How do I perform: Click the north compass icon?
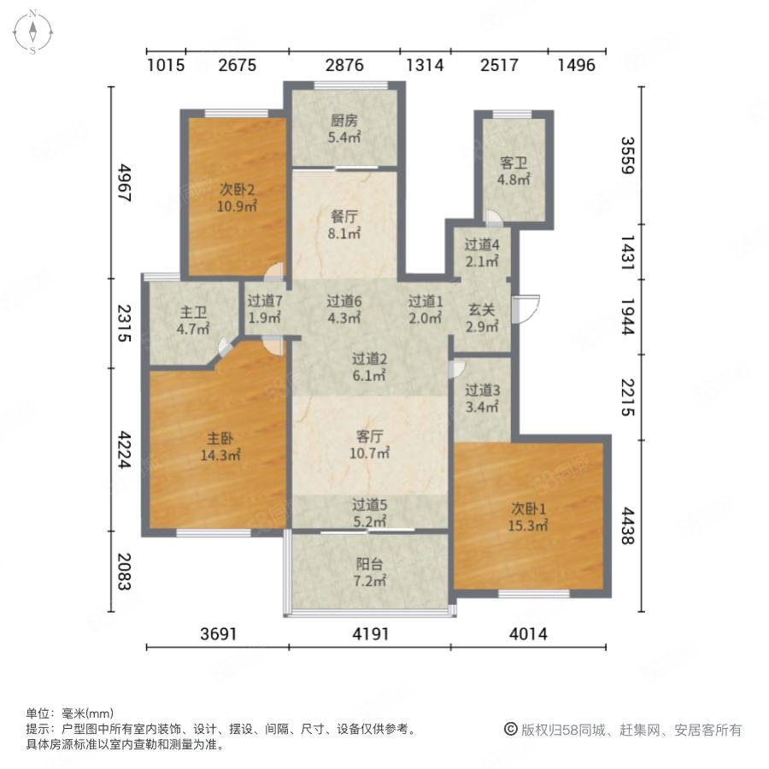[32, 32]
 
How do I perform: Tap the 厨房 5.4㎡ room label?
[344, 128]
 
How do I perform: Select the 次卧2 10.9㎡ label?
[237, 197]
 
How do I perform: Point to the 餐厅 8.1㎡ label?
[344, 225]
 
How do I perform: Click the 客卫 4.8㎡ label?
[514, 171]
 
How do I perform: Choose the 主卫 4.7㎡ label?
[193, 320]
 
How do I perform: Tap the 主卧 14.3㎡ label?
[220, 446]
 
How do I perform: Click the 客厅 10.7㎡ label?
[369, 444]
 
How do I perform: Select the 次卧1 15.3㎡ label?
[528, 517]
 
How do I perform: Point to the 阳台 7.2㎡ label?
[369, 572]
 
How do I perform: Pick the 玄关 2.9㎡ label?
[482, 317]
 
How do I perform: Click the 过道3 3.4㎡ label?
[482, 397]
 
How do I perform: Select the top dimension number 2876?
[344, 65]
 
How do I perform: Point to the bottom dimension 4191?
[370, 634]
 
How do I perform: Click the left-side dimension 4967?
[124, 183]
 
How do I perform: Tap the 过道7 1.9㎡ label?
[264, 308]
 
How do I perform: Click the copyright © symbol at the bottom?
[511, 730]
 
